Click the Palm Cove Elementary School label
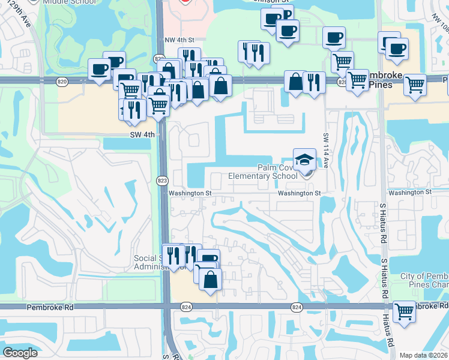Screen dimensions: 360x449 point(262,172)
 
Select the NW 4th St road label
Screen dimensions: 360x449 point(180,40)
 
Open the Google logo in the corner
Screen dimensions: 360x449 point(20,353)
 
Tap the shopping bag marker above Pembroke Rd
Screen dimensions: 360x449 point(210,280)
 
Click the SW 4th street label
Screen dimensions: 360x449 point(143,135)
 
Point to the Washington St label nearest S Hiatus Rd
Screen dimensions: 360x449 point(409,192)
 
